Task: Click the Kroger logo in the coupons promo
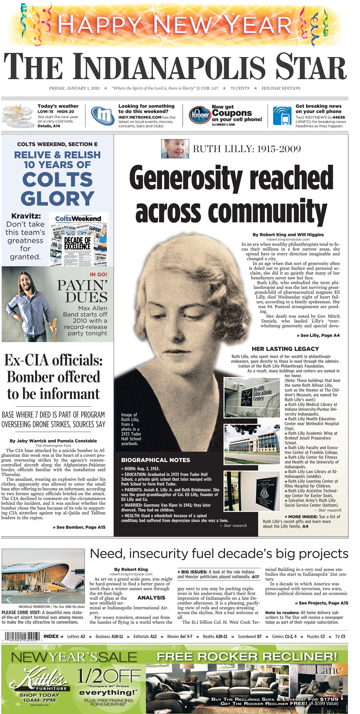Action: pyautogui.click(x=200, y=115)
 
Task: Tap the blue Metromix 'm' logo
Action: pyautogui.click(x=103, y=115)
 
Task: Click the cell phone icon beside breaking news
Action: pyautogui.click(x=282, y=116)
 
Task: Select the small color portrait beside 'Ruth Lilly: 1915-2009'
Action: pyautogui.click(x=175, y=148)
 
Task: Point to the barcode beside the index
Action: pyautogui.click(x=21, y=637)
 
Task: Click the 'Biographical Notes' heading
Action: pyautogui.click(x=155, y=460)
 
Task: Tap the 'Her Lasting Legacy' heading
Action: pyautogui.click(x=285, y=349)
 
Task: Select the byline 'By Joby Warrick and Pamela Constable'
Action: pyautogui.click(x=53, y=441)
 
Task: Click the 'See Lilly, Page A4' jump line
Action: pyautogui.click(x=318, y=335)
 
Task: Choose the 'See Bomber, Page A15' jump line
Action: pyautogui.click(x=79, y=527)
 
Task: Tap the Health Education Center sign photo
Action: pyautogui.click(x=252, y=397)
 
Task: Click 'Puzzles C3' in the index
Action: pyautogui.click(x=316, y=636)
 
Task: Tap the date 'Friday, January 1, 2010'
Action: pyautogui.click(x=74, y=88)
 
